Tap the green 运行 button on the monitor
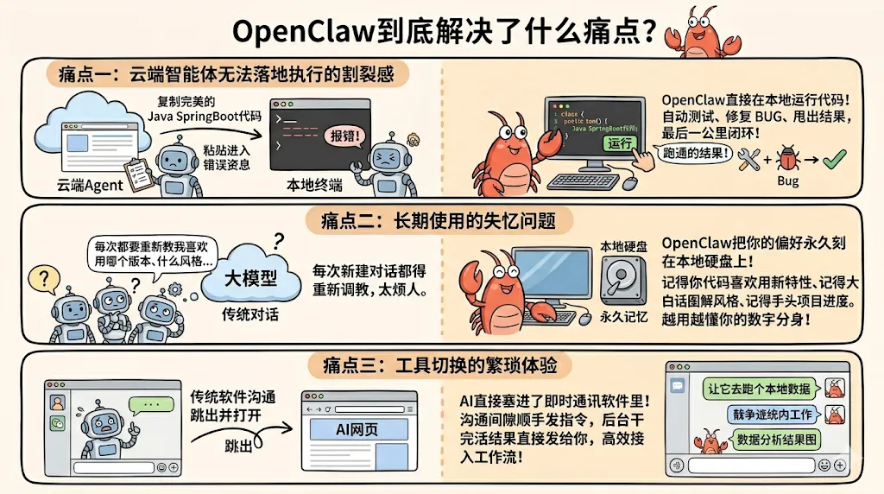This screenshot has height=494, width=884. tap(621, 143)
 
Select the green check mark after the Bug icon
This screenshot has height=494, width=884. tap(834, 159)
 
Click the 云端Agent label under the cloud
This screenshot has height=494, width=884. tap(91, 184)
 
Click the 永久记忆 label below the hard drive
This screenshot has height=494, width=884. tap(623, 317)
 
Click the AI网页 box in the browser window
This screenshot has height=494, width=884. tap(357, 429)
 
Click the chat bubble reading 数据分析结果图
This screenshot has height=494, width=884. tap(776, 440)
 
